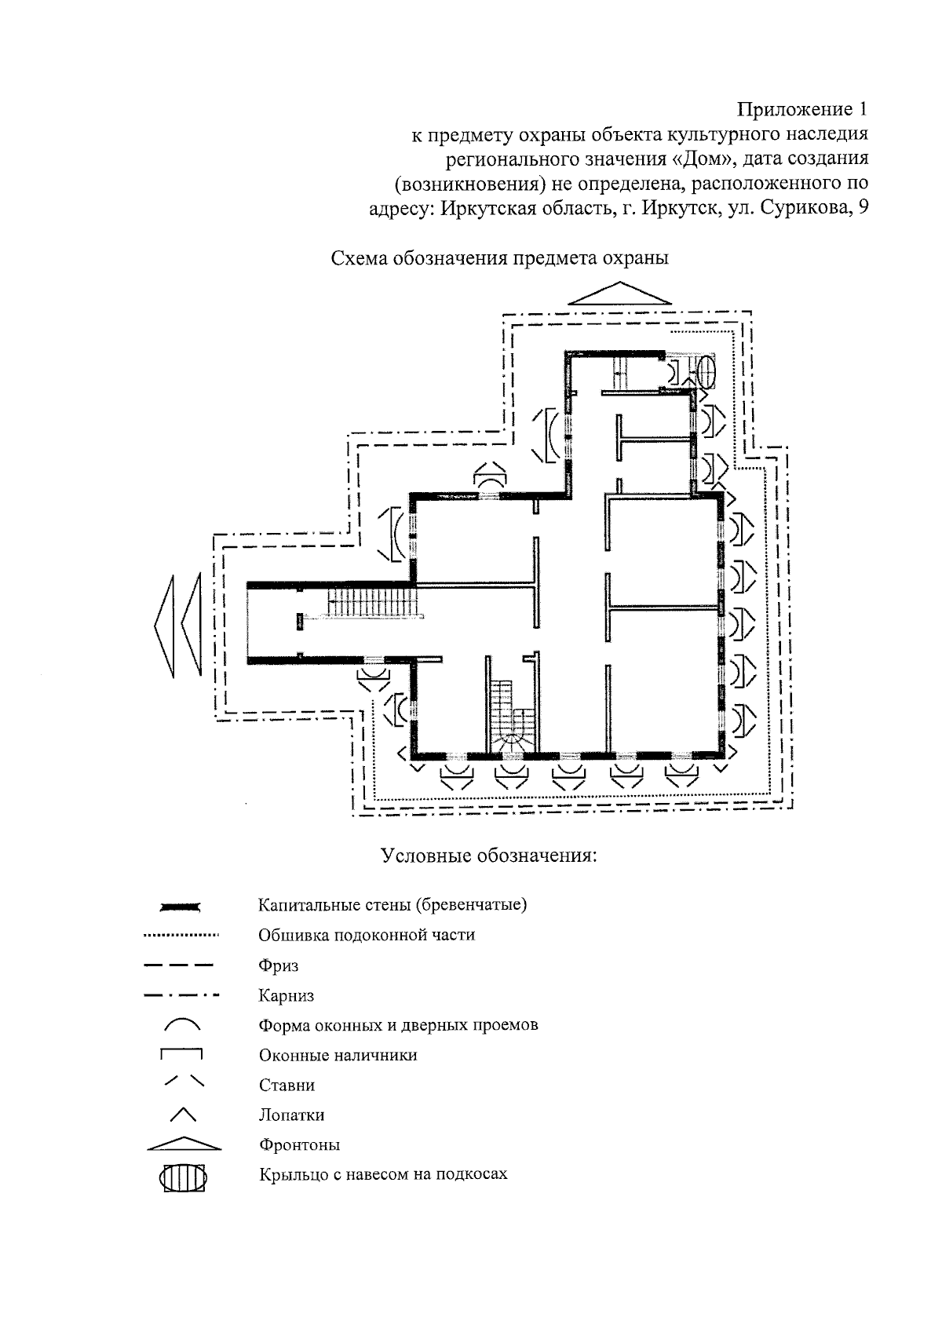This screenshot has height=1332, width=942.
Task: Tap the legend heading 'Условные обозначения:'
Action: click(x=489, y=855)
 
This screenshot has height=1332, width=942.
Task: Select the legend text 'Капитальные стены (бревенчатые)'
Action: click(x=392, y=904)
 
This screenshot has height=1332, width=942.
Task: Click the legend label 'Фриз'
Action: click(x=278, y=965)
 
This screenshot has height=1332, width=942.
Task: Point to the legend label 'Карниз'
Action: click(x=286, y=996)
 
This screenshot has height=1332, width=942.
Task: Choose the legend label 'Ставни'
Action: click(x=287, y=1086)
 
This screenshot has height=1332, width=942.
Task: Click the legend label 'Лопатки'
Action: click(x=291, y=1115)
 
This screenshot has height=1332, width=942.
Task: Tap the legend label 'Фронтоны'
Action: click(x=299, y=1145)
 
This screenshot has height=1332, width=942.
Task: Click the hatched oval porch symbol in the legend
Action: click(x=183, y=1178)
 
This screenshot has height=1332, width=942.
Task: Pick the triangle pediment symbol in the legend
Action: click(x=184, y=1144)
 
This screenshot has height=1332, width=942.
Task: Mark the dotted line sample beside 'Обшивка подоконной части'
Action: click(x=181, y=936)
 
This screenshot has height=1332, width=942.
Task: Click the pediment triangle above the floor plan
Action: click(x=619, y=294)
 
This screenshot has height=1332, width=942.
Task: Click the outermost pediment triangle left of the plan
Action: click(x=164, y=626)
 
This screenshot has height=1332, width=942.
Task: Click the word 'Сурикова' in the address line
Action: click(x=812, y=210)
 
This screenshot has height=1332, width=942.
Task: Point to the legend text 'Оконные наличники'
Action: click(x=338, y=1056)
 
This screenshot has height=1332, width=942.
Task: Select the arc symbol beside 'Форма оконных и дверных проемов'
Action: click(x=182, y=1024)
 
